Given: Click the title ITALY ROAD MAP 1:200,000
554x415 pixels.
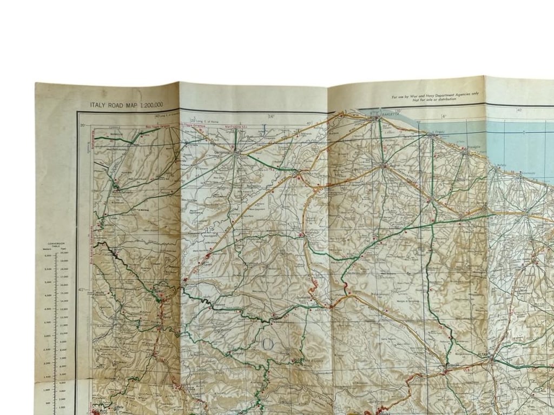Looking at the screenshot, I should [x=127, y=105].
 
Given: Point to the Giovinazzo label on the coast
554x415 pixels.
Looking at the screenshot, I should [x=527, y=174].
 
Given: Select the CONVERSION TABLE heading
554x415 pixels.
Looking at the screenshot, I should [x=56, y=244].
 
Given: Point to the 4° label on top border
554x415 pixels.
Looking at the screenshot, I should [x=443, y=116].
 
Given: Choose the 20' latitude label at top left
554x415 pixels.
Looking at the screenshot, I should [x=83, y=126].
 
